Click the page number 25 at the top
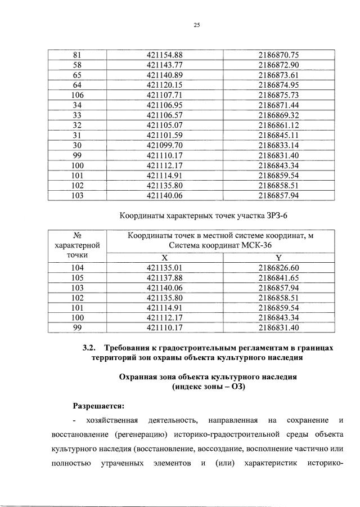197,25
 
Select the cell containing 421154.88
165,55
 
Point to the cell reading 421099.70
165,145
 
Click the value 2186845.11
278,135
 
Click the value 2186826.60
278,267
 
